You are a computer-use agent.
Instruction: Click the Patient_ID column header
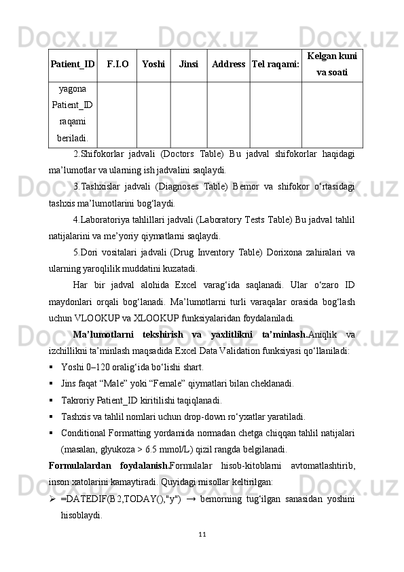tap(72, 65)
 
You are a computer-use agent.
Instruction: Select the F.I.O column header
tap(117, 65)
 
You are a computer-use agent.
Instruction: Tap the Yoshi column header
tap(153, 65)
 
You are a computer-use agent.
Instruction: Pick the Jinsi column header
tap(189, 65)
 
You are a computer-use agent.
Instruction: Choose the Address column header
tap(228, 65)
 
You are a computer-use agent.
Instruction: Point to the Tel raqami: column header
tap(275, 65)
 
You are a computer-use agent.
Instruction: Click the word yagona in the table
tap(72, 88)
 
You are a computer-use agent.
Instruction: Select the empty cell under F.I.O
tap(117, 114)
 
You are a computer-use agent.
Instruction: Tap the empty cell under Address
tap(228, 114)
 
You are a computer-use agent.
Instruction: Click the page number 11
tap(202, 533)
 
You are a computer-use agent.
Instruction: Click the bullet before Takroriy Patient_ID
tap(52, 400)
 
